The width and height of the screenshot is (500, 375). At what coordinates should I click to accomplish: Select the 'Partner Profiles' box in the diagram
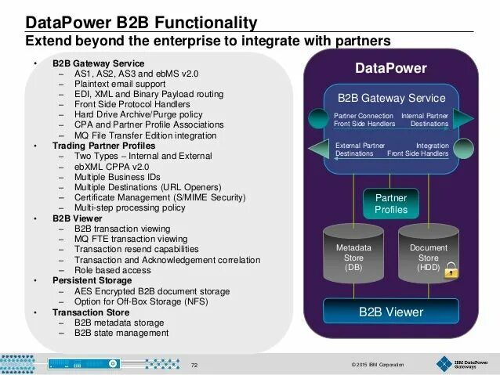390,204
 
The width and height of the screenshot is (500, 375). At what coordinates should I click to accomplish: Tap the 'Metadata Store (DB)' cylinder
353,256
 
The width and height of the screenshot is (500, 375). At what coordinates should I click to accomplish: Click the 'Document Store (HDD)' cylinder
428,256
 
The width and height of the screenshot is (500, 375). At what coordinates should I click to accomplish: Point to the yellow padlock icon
451,272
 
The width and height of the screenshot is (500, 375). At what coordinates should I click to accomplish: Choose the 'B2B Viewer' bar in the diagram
390,312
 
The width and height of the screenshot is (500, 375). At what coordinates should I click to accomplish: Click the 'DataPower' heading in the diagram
390,68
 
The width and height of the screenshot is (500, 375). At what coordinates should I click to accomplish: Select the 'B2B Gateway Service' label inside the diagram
390,99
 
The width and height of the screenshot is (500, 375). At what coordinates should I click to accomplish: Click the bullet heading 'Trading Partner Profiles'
103,146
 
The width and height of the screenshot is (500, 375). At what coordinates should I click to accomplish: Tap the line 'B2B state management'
121,332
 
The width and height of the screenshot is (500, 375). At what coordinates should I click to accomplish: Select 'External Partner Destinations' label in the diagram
359,149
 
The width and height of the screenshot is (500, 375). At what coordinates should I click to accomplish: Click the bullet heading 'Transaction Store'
90,312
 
